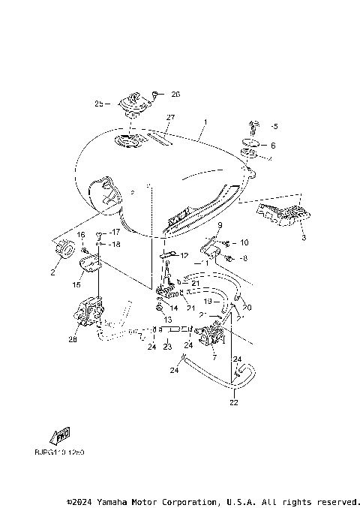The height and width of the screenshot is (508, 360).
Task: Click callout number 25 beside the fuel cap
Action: coord(97,103)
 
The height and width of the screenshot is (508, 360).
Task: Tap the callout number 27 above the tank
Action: coord(170,118)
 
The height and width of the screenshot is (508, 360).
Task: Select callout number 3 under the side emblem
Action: coord(303,237)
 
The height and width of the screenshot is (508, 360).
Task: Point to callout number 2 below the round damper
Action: coord(53,272)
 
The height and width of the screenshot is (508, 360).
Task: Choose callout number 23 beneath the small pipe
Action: coord(168,347)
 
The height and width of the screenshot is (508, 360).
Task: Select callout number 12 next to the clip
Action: coord(184,256)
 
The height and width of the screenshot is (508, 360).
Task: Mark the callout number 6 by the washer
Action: coord(273,146)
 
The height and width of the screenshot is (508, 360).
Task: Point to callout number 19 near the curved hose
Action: coord(209,300)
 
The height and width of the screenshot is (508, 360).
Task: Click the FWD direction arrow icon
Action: coord(60,436)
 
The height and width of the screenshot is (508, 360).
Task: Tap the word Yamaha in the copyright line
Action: coord(121,501)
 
